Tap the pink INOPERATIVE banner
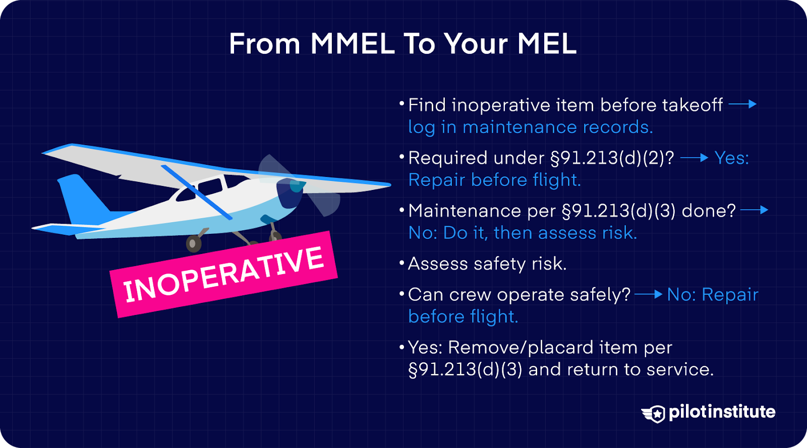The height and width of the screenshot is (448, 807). click(x=223, y=275)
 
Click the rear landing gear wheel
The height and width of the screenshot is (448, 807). click(x=194, y=243)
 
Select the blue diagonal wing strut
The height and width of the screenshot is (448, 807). click(x=196, y=192)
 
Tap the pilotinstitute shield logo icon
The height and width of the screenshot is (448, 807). click(x=654, y=413)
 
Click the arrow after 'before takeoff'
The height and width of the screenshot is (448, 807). click(x=742, y=104)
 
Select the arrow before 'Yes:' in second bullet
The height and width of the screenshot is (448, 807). click(x=694, y=158)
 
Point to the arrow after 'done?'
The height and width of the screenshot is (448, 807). click(x=754, y=210)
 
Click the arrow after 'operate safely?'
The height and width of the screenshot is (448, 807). click(x=648, y=294)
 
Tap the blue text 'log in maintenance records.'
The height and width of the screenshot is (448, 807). click(x=530, y=127)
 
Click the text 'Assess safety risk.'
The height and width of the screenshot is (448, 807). click(x=487, y=264)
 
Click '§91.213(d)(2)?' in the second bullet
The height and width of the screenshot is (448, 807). click(x=611, y=158)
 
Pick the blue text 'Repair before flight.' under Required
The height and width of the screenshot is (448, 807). click(x=494, y=180)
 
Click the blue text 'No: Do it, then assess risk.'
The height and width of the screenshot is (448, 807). click(x=522, y=233)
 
